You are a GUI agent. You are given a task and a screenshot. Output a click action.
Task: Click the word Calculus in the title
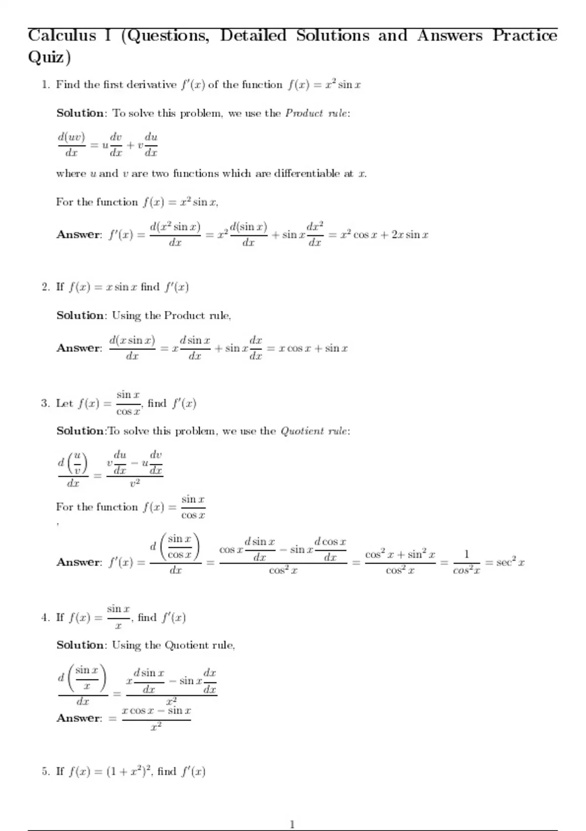pos(62,35)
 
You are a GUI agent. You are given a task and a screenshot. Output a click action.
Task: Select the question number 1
pos(45,85)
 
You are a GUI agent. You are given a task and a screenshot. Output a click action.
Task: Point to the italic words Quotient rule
pos(314,431)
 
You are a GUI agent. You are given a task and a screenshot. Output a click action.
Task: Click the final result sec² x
pos(510,562)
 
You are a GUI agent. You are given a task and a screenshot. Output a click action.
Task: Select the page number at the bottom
pos(293,825)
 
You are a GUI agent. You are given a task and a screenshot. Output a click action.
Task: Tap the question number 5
pos(45,771)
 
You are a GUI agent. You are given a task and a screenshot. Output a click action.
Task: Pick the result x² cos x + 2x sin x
pos(384,235)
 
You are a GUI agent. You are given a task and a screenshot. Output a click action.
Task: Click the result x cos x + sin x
pos(313,348)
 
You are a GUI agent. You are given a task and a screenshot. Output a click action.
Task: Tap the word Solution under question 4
pos(80,645)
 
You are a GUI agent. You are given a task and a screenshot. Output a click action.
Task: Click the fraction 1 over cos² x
pos(466,562)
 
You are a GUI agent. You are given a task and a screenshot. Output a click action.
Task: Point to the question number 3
pos(45,403)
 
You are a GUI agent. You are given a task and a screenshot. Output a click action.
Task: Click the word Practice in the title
pos(524,35)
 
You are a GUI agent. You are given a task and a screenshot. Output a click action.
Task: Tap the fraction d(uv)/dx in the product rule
pos(71,145)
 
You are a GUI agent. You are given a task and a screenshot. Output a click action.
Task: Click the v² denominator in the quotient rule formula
pos(135,483)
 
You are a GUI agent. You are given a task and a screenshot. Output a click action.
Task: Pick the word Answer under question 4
pos(79,718)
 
